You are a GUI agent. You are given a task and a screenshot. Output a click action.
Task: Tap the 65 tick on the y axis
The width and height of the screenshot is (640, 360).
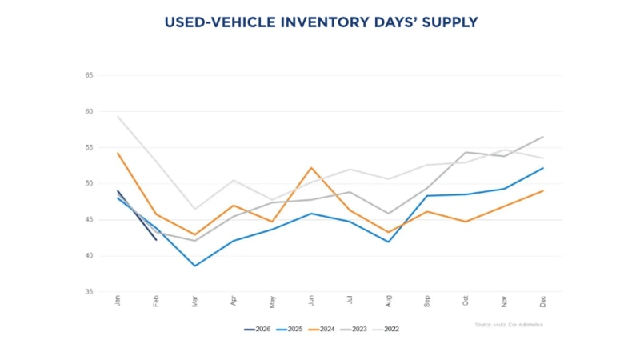click(x=90, y=75)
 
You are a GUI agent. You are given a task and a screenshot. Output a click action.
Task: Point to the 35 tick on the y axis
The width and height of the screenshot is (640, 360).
click(x=90, y=292)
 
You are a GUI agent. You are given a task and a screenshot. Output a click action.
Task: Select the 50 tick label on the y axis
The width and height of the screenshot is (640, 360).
click(x=90, y=184)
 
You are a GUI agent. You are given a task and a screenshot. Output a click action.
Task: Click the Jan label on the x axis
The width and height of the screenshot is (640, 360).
click(x=118, y=301)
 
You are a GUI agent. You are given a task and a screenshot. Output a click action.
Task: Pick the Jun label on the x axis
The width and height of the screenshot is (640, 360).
click(x=311, y=301)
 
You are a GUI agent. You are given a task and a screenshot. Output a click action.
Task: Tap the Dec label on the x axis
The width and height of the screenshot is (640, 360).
click(x=543, y=301)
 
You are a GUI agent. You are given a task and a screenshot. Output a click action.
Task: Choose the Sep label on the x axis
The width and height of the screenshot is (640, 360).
click(x=427, y=301)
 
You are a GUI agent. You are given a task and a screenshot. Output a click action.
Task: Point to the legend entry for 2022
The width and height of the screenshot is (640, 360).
click(x=408, y=329)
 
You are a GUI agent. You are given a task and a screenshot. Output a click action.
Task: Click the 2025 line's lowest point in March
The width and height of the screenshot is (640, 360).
click(x=195, y=266)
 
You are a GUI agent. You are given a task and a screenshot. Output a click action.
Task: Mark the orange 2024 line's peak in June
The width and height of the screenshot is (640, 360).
click(x=311, y=168)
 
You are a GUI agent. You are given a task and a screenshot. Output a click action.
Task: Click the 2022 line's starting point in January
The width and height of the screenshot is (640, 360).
click(x=118, y=117)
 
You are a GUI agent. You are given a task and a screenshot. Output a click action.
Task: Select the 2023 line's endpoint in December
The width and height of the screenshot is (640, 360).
click(x=543, y=137)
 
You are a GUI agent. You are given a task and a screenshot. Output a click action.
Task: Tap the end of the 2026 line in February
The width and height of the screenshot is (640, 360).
click(x=157, y=239)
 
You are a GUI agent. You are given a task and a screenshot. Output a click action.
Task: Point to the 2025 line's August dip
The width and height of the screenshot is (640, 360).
click(x=389, y=242)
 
